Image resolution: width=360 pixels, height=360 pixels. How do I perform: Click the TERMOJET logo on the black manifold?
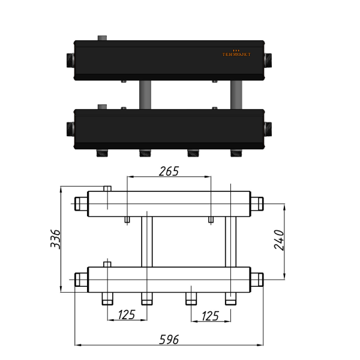click(x=236, y=53)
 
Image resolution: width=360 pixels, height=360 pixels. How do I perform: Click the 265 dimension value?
click(x=169, y=171)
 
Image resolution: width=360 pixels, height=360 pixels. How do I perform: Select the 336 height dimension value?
click(x=55, y=239)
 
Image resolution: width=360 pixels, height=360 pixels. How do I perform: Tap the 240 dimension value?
click(x=279, y=239)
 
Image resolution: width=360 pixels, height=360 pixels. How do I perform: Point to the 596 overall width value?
click(x=169, y=340)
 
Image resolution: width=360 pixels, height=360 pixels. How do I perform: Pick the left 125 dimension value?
click(x=127, y=315)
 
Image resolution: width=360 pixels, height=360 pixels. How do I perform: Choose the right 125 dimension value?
click(x=210, y=316)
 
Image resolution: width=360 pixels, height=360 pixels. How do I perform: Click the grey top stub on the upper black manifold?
click(x=102, y=38)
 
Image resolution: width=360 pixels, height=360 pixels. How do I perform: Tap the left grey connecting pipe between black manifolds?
click(x=145, y=95)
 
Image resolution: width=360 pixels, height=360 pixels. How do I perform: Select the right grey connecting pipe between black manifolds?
click(x=236, y=95)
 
